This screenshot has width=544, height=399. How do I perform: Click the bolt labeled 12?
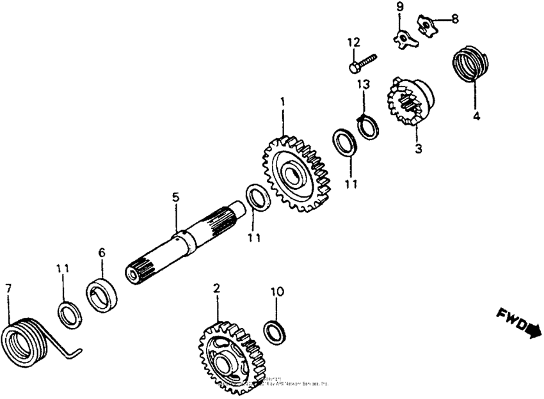362,62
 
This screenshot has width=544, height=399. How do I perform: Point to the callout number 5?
175,198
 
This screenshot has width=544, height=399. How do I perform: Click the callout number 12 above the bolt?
353,43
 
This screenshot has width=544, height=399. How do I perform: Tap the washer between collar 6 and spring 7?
69,314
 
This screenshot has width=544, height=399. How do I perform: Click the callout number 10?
275,292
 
